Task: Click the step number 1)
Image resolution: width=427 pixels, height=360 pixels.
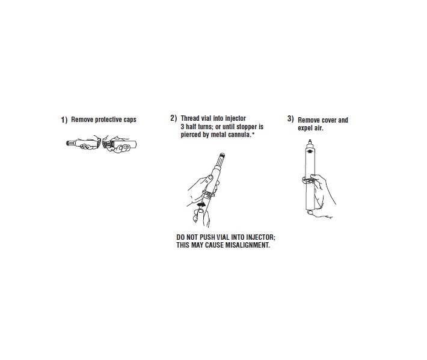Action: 64,120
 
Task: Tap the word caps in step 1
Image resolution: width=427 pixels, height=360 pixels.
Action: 130,120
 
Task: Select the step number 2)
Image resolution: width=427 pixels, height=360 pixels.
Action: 173,118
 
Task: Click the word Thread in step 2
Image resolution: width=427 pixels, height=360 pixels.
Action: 190,118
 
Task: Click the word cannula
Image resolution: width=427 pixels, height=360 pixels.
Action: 240,135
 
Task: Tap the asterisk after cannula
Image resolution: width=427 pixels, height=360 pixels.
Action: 253,133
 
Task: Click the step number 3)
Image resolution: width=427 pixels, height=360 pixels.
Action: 290,118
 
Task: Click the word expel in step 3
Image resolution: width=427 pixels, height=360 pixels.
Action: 304,128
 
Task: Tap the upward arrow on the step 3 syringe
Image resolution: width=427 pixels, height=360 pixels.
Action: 310,150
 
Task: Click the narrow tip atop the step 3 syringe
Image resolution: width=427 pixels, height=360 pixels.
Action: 310,142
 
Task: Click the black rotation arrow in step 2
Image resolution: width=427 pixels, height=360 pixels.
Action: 201,204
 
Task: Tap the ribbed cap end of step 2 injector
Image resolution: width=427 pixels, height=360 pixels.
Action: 222,156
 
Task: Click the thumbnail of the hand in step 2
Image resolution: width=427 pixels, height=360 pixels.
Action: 210,177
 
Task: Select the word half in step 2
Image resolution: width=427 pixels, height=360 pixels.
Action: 191,127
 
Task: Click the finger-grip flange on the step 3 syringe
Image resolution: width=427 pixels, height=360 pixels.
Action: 309,180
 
